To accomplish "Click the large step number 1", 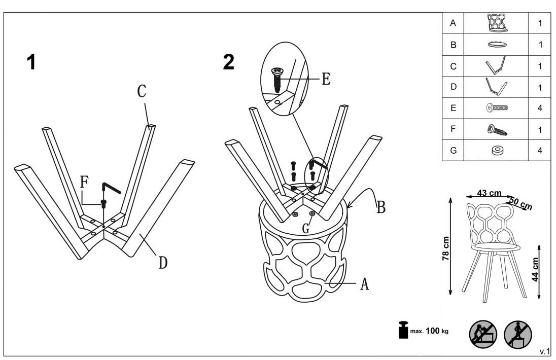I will (31, 62).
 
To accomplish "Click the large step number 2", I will (229, 62).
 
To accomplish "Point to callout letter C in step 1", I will (142, 91).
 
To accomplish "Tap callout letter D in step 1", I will (163, 263).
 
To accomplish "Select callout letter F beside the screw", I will (84, 182).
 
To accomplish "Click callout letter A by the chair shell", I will (364, 284).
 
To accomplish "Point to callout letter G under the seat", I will (305, 229).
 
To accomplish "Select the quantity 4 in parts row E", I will (541, 107).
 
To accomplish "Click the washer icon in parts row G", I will (497, 150).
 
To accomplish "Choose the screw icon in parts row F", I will (497, 129).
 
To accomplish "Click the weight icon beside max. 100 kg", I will (404, 330).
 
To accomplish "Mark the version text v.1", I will (544, 351).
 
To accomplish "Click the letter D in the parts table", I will (454, 87).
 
